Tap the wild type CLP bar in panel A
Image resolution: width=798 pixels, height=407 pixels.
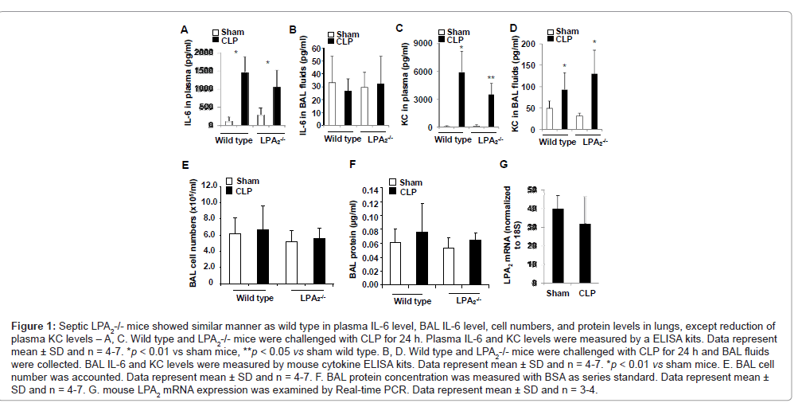click(x=244, y=99)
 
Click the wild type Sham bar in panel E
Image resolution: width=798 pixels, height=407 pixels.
click(x=235, y=258)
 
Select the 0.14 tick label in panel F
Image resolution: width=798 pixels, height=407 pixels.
click(x=372, y=190)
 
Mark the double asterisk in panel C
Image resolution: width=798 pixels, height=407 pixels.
click(x=490, y=78)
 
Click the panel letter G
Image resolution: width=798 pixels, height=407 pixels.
click(x=502, y=165)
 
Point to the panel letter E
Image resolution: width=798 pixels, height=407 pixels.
click(x=185, y=165)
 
